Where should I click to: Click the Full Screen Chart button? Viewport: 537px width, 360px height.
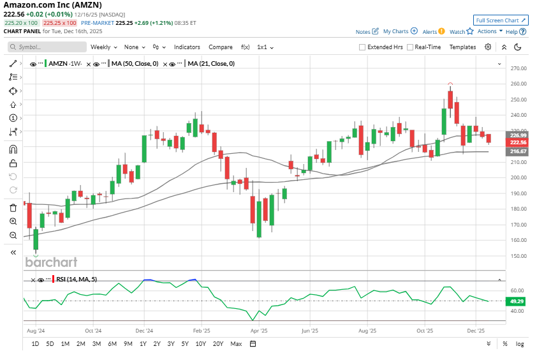[500, 20]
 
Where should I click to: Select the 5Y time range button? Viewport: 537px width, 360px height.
[184, 344]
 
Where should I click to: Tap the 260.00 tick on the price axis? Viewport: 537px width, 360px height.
[517, 84]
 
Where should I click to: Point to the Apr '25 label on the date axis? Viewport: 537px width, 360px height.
[259, 331]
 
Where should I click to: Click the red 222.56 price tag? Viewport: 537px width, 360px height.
[517, 142]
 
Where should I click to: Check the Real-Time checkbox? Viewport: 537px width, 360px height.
[411, 47]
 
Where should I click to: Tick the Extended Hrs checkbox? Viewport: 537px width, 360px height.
[362, 47]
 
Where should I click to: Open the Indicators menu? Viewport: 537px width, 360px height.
[187, 47]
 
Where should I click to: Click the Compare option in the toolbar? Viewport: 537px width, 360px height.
[221, 47]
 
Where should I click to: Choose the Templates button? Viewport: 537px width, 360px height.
[462, 47]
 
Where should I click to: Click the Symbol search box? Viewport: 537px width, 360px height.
[47, 47]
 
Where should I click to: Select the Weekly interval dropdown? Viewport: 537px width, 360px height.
[103, 47]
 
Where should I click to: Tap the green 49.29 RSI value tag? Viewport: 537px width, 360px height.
[517, 301]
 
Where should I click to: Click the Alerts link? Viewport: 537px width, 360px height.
[430, 31]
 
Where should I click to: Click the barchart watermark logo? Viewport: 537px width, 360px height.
[51, 262]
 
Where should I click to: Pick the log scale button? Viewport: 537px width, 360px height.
[520, 344]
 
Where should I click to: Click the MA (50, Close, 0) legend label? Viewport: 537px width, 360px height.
[135, 63]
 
